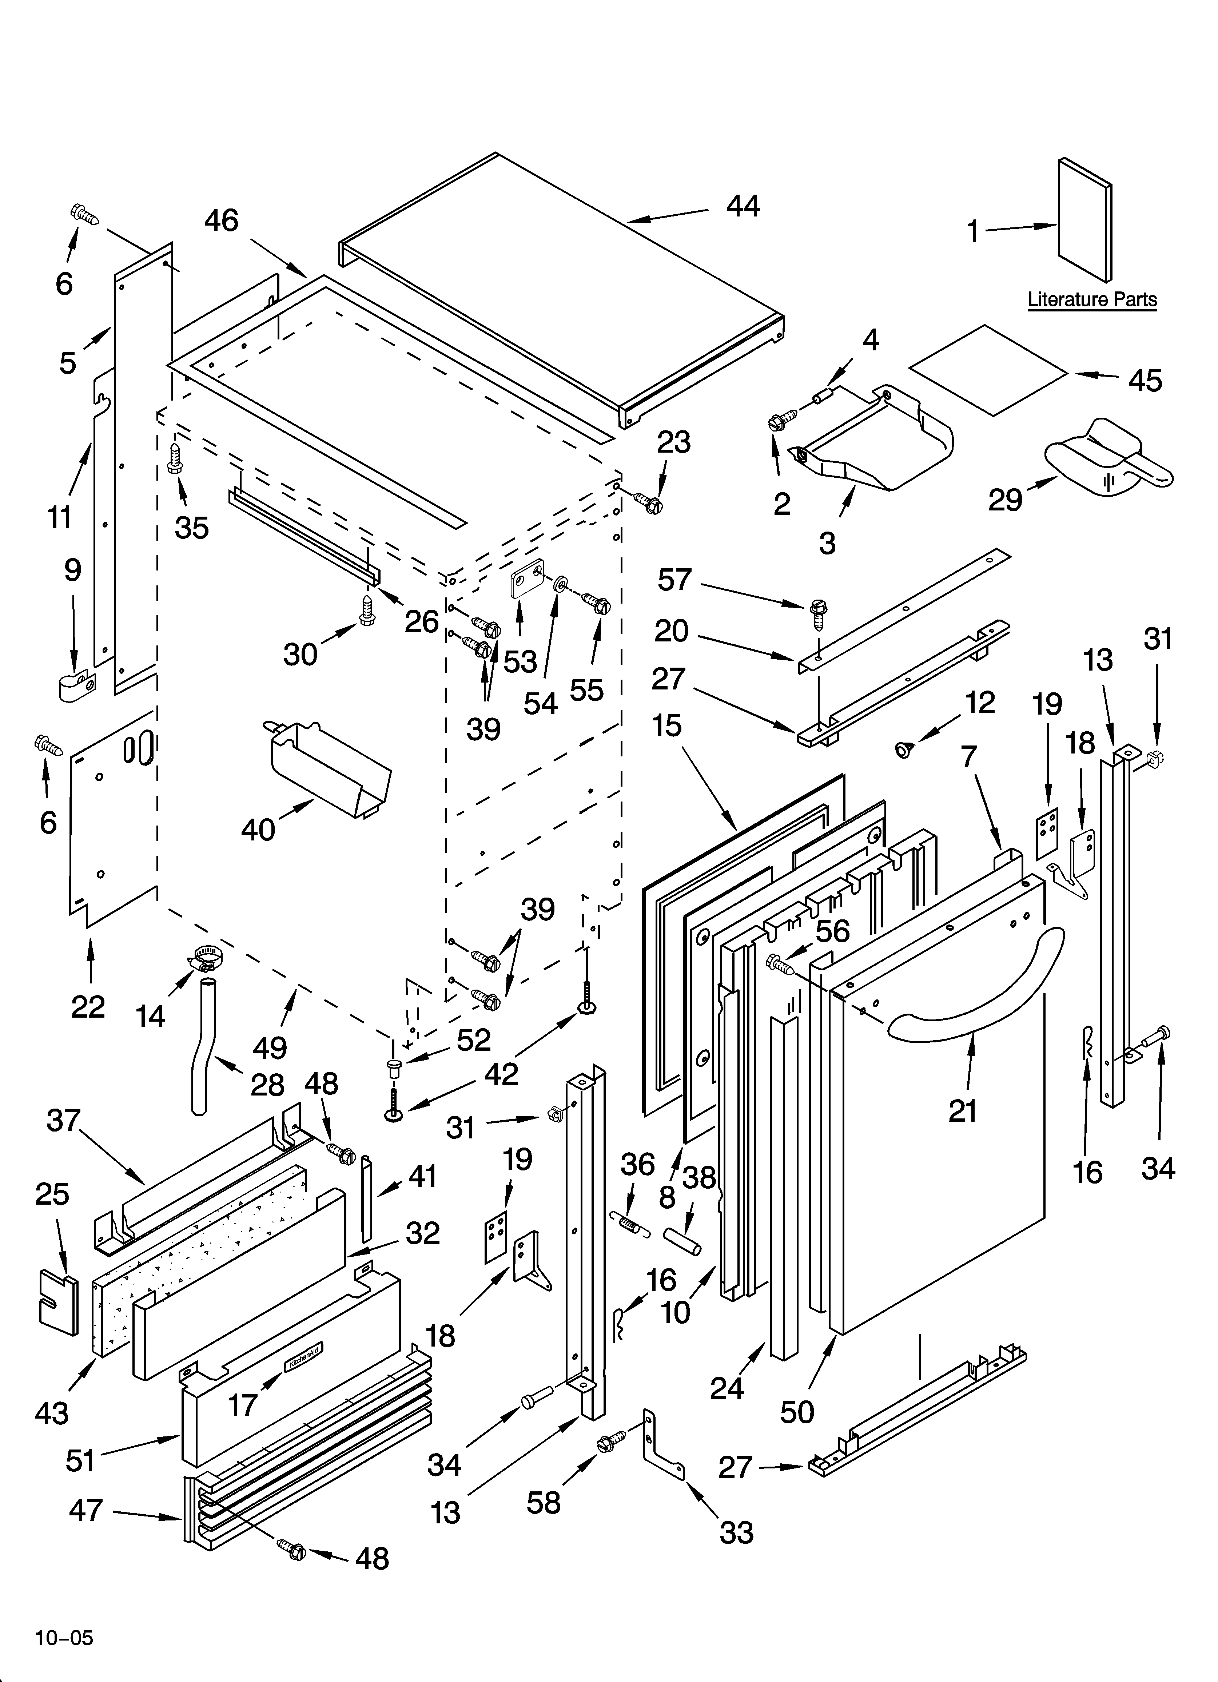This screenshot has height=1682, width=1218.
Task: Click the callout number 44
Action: pyautogui.click(x=743, y=206)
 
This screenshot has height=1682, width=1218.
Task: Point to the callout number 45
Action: pyautogui.click(x=1145, y=381)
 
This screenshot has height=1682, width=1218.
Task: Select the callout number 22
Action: pyautogui.click(x=88, y=1006)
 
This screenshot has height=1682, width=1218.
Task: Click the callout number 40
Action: pyautogui.click(x=258, y=829)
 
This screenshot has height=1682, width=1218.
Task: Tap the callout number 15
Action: pyautogui.click(x=667, y=725)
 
